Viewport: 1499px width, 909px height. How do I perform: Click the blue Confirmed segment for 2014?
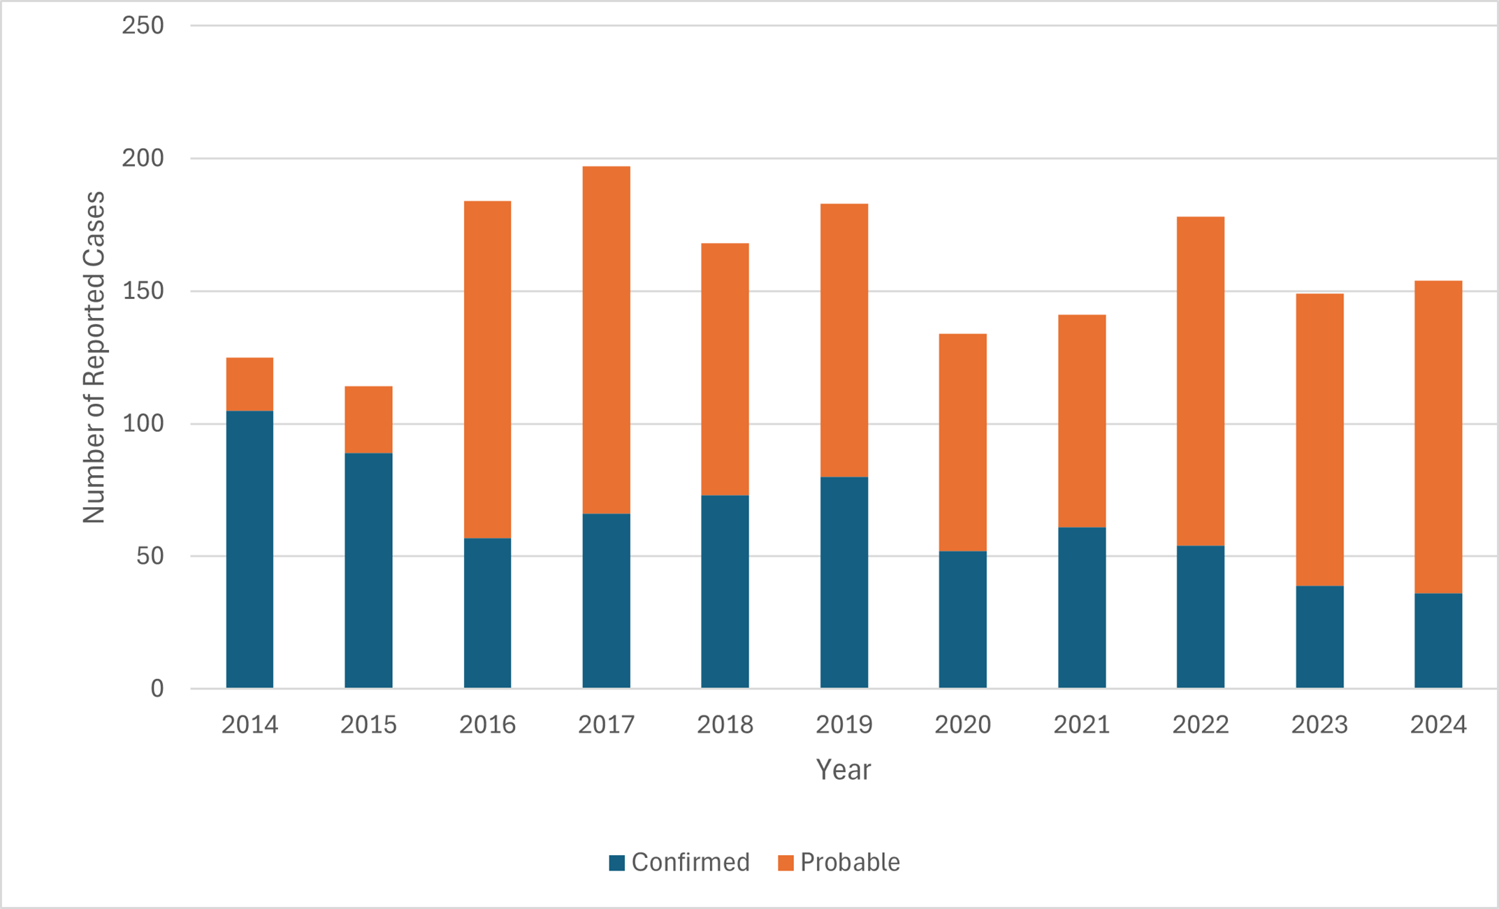[249, 549]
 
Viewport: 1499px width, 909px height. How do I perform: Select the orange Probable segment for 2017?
[606, 340]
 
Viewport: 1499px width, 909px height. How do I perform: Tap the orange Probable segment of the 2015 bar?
[368, 419]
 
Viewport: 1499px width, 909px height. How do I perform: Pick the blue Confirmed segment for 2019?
[843, 583]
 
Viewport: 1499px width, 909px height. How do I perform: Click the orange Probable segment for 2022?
[1200, 381]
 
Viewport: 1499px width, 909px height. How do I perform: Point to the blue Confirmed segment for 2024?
[1438, 641]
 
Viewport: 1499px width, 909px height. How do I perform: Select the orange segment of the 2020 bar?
[962, 442]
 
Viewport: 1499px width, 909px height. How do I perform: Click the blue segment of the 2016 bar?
[487, 613]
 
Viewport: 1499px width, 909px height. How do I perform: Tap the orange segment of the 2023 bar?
[1319, 439]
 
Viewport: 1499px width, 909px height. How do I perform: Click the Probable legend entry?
[839, 862]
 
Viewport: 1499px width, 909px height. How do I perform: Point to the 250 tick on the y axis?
[143, 26]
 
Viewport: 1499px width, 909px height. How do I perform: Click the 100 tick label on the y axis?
[143, 423]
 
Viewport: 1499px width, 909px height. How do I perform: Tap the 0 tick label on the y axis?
[157, 689]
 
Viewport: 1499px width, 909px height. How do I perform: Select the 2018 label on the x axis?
[725, 725]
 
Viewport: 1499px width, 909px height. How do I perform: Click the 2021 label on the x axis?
[1081, 725]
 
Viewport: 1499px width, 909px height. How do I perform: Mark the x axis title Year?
[843, 769]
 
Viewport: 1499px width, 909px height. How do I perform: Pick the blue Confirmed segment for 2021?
[1081, 608]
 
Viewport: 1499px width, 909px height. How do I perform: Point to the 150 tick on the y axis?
[143, 291]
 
